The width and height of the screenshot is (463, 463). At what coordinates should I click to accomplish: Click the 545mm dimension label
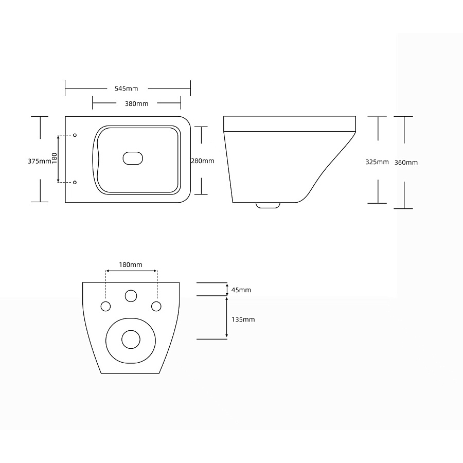[127, 88]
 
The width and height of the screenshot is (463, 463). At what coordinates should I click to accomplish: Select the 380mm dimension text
[136, 103]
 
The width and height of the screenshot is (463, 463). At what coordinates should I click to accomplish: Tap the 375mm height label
[39, 161]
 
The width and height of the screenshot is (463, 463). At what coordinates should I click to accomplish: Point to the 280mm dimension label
[203, 161]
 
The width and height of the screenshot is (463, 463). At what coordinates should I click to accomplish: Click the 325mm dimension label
[377, 162]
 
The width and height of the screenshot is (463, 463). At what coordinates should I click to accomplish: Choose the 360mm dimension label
[406, 163]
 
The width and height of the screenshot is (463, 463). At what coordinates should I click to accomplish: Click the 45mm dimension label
[241, 290]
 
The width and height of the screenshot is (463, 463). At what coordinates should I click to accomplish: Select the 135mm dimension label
[243, 319]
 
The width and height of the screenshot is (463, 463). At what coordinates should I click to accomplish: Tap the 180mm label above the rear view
[131, 264]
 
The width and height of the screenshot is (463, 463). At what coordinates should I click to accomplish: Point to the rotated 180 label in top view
[55, 158]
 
